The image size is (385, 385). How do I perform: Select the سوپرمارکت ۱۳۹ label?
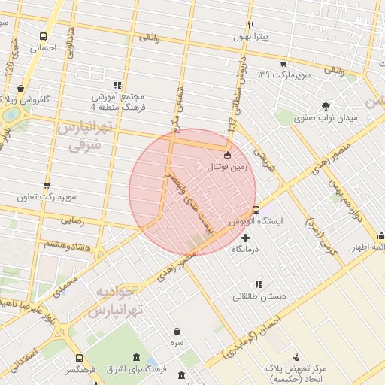282,75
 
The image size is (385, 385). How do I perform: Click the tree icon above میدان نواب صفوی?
326,106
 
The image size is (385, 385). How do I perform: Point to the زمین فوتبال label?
227,166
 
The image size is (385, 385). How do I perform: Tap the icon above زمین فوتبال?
228,155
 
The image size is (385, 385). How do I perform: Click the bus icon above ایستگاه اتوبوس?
256,210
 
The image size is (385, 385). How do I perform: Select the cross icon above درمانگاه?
245,238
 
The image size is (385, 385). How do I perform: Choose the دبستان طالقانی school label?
259,296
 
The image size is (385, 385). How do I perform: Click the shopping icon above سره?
177,331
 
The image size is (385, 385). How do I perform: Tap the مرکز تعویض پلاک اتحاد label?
296,373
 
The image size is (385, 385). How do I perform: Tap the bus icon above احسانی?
43,36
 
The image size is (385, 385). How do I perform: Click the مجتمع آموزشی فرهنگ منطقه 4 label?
117,102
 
